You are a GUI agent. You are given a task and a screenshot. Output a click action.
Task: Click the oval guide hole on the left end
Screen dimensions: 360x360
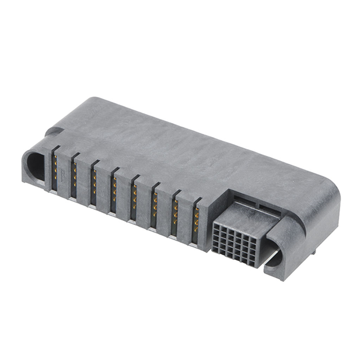tap(35, 166)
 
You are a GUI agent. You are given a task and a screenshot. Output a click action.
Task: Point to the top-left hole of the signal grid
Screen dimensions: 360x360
tap(217, 224)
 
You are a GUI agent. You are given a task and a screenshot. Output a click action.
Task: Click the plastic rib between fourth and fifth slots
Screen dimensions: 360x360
tap(124, 194)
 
